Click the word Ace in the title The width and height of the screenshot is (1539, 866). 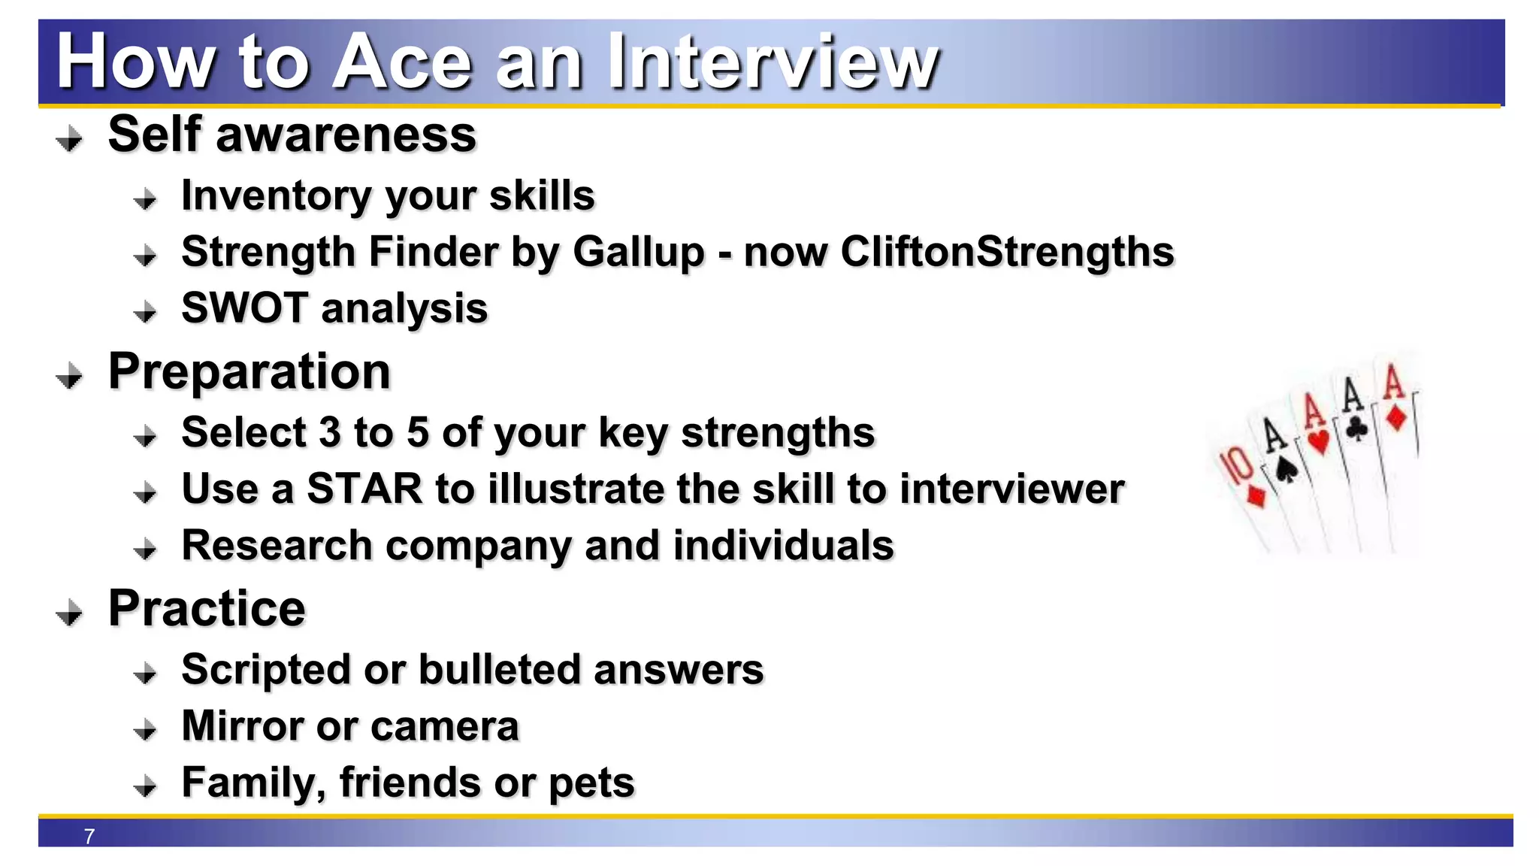pyautogui.click(x=402, y=62)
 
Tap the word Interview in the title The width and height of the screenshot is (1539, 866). pyautogui.click(x=773, y=62)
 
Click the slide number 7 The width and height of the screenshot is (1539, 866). pyautogui.click(x=89, y=836)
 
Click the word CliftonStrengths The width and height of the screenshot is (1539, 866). pyautogui.click(x=1007, y=252)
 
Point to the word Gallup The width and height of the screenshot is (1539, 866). pyautogui.click(x=638, y=252)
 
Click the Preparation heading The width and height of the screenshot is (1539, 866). pyautogui.click(x=249, y=371)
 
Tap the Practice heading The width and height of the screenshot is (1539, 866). pyautogui.click(x=207, y=608)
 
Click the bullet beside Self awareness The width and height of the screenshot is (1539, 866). pyautogui.click(x=70, y=139)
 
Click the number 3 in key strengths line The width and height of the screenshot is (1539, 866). pyautogui.click(x=329, y=433)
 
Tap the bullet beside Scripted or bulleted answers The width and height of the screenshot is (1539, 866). pyautogui.click(x=145, y=673)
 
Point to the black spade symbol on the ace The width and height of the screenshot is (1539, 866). pyautogui.click(x=1287, y=471)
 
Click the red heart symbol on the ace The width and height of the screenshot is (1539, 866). pyautogui.click(x=1319, y=441)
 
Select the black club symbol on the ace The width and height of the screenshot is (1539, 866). pyautogui.click(x=1356, y=428)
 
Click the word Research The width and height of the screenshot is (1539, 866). pyautogui.click(x=277, y=546)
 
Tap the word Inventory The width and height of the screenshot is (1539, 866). pyautogui.click(x=275, y=196)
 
